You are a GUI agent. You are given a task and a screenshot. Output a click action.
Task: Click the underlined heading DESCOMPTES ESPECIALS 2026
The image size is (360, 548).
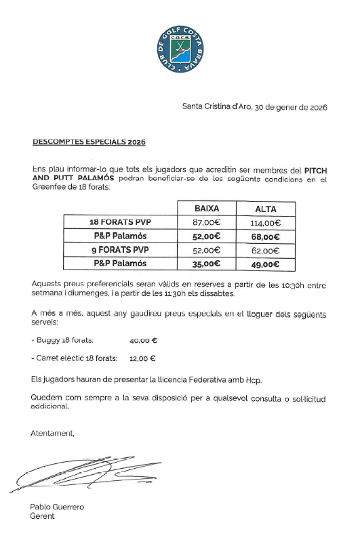click(x=89, y=143)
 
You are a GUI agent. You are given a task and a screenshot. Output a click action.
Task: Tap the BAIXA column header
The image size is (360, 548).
click(x=206, y=209)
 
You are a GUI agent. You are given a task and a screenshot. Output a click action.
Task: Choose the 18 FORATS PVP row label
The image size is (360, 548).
click(x=120, y=222)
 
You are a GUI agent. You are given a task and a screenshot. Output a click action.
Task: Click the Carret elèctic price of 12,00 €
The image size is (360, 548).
click(x=142, y=359)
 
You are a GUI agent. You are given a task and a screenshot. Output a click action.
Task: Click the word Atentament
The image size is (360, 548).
click(x=52, y=433)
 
